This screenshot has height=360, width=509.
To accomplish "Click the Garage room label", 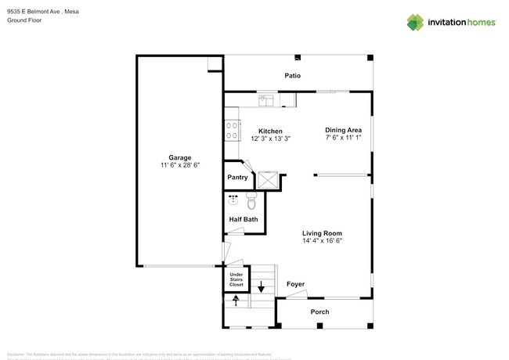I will coord(179,157).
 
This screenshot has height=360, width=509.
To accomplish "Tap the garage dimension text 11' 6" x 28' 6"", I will coord(179,164).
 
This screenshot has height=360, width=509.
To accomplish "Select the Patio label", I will coord(293,76).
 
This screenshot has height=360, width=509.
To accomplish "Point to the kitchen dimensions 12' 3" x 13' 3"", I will coord(270,139).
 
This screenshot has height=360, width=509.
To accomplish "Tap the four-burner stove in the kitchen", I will coord(232,129).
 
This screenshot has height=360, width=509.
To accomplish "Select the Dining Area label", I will coord(343,130).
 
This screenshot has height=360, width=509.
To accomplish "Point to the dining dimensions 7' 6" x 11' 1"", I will coord(343,138).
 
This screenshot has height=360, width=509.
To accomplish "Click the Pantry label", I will coord(237,178).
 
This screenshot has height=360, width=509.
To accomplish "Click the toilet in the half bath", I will coord(252,202).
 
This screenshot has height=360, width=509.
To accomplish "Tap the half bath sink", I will coord(233,200).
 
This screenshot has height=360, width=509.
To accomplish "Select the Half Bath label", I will coord(243,220).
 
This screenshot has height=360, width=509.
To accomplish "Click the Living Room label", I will coord(323,233).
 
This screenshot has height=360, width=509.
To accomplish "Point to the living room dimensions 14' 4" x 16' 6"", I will coord(323,241).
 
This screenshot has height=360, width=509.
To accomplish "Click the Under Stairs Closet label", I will coord(236,279).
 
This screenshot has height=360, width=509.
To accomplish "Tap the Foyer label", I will coord(295,284).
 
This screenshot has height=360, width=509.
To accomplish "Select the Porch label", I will coord(319,312).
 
